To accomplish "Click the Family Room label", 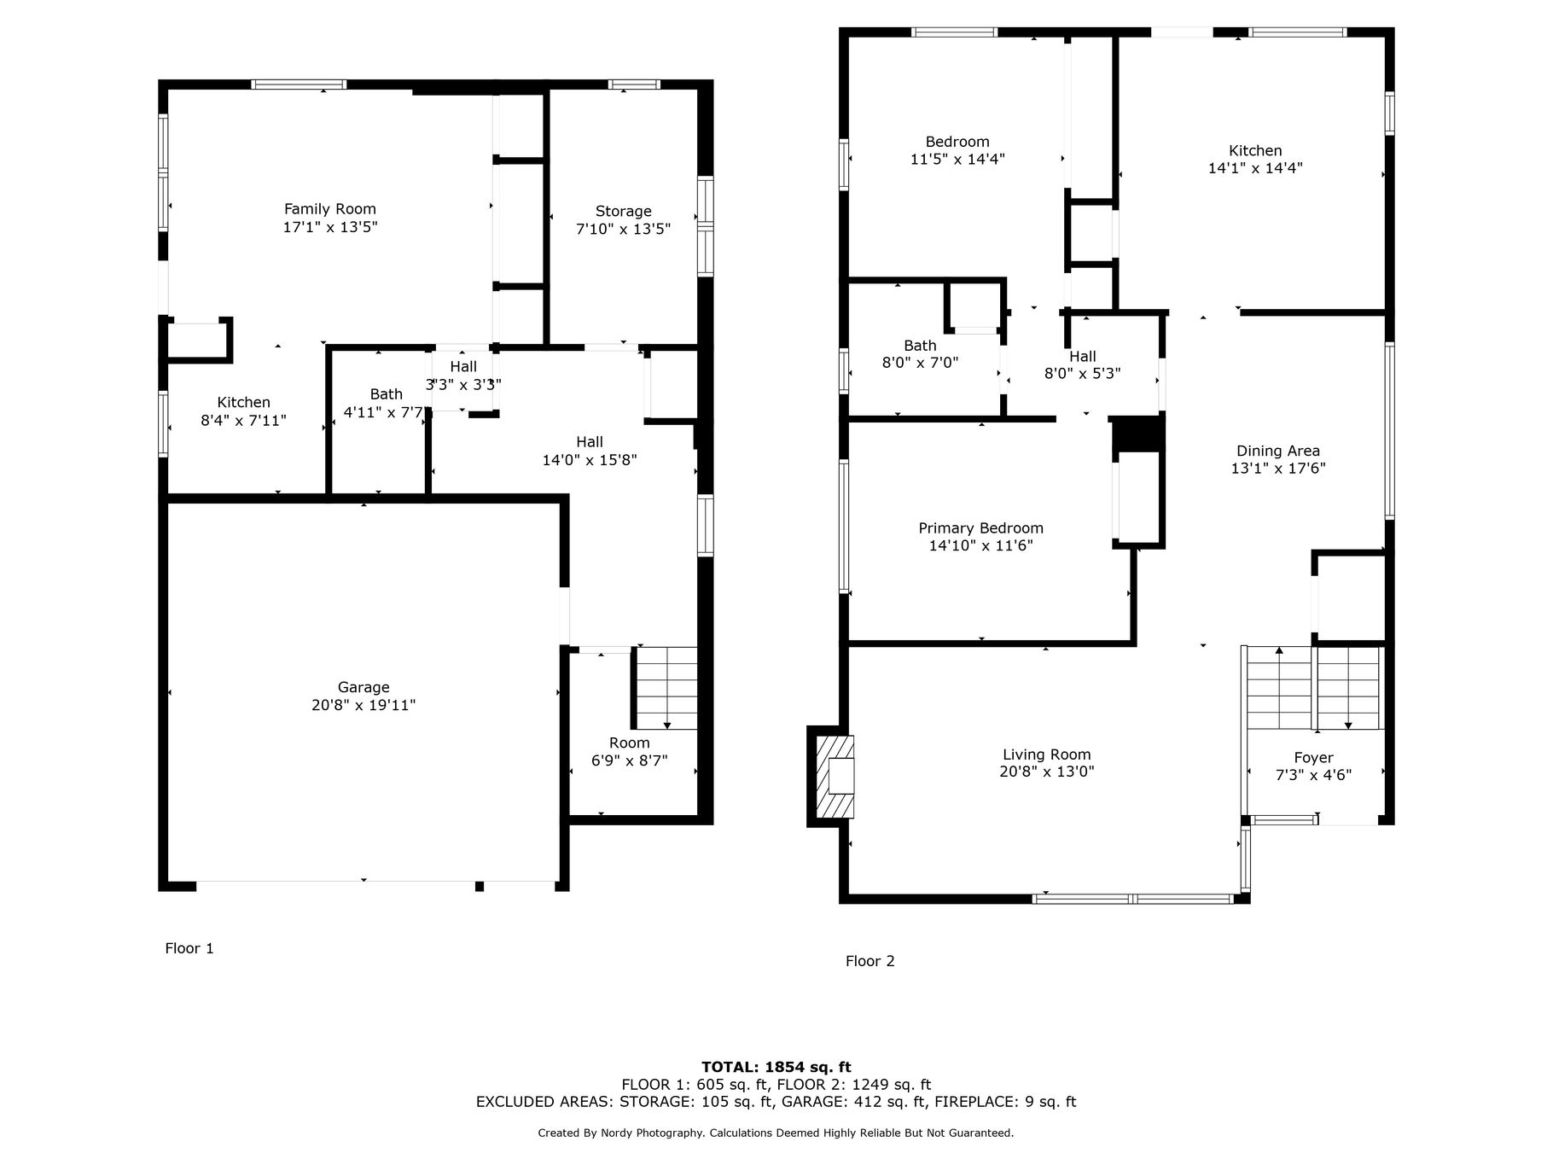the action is pyautogui.click(x=329, y=209).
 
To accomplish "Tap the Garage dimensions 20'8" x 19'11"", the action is pyautogui.click(x=364, y=705).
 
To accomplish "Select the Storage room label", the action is pyautogui.click(x=623, y=212).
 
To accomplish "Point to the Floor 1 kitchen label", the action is pyautogui.click(x=243, y=402).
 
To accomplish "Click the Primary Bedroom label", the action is pyautogui.click(x=980, y=528).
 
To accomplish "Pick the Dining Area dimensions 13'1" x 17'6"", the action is pyautogui.click(x=1278, y=468).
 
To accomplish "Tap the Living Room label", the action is pyautogui.click(x=1046, y=754).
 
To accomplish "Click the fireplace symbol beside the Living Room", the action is pyautogui.click(x=833, y=777).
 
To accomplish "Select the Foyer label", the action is pyautogui.click(x=1313, y=757).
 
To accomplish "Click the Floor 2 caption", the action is pyautogui.click(x=870, y=961).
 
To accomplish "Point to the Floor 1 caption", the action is pyautogui.click(x=189, y=948).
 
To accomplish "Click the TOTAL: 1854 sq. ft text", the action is pyautogui.click(x=776, y=1067).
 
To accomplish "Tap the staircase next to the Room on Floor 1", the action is pyautogui.click(x=666, y=688).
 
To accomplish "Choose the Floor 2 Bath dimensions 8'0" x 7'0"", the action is pyautogui.click(x=920, y=362).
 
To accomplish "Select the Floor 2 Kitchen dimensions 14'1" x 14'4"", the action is pyautogui.click(x=1255, y=168).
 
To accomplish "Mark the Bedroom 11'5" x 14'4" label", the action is pyautogui.click(x=957, y=150).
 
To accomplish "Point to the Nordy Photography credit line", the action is pyautogui.click(x=776, y=1133).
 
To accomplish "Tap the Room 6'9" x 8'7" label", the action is pyautogui.click(x=630, y=751).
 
